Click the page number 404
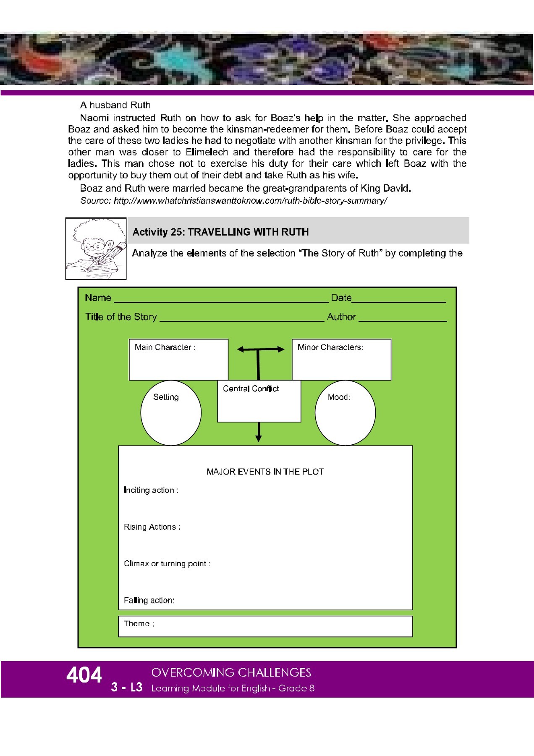click(x=84, y=675)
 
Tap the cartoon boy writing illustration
click(x=96, y=248)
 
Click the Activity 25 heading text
click(x=220, y=232)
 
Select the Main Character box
click(x=178, y=360)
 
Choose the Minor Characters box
click(x=341, y=360)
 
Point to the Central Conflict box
click(x=259, y=401)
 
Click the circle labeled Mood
click(x=345, y=413)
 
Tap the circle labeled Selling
click(x=171, y=413)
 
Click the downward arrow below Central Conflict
click(x=259, y=432)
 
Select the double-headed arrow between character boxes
click(x=260, y=349)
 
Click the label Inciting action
click(x=151, y=490)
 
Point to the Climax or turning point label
click(x=167, y=564)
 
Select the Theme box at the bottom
click(x=265, y=626)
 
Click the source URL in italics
click(x=233, y=201)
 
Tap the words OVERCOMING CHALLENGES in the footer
click(x=231, y=672)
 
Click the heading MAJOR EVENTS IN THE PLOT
click(x=265, y=472)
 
